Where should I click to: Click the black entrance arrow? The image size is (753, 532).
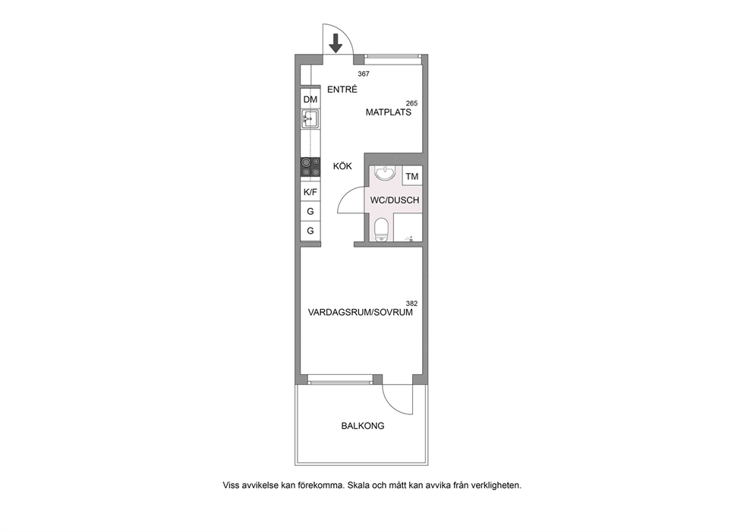336,43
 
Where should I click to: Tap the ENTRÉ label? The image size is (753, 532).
342,90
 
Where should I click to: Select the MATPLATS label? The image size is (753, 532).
389,112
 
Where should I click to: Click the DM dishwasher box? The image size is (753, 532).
310,99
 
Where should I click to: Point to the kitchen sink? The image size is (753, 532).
310,119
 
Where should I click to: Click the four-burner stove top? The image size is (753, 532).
310,168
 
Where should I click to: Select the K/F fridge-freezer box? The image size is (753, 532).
310,192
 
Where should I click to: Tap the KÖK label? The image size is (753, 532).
343,166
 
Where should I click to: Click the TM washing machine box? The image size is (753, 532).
412,176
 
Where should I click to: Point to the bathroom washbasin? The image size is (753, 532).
385,173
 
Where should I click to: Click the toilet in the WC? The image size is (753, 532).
381,230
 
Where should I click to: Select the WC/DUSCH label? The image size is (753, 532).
395,200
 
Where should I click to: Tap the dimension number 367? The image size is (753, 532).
364,74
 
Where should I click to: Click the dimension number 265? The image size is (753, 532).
411,103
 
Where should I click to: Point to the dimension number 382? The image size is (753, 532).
411,304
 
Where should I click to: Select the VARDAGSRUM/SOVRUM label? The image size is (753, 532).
360,312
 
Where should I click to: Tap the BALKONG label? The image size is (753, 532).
363,426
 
